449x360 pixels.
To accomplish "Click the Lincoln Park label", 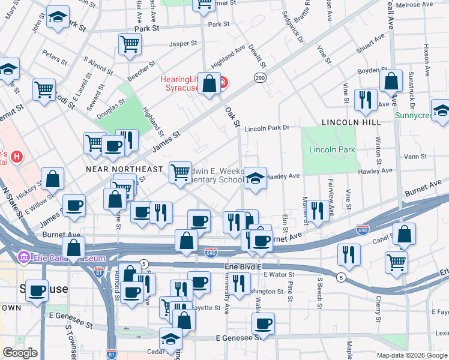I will (332, 149).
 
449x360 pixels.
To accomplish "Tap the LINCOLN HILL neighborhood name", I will (351, 122).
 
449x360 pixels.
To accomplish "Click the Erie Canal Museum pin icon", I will (25, 258).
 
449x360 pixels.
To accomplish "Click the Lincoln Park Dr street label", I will (267, 128).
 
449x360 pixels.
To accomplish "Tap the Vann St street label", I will (415, 156).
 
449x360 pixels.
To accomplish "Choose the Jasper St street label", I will (183, 43).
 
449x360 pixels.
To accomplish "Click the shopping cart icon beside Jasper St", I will (130, 44).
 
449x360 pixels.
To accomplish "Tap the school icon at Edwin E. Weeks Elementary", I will (255, 178).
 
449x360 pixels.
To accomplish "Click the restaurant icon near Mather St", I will (318, 210).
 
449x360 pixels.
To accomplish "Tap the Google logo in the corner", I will (20, 353).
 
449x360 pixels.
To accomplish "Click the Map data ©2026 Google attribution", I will (411, 355).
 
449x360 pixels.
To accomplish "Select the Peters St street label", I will (54, 58).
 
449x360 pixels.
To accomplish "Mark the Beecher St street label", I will (142, 70).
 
